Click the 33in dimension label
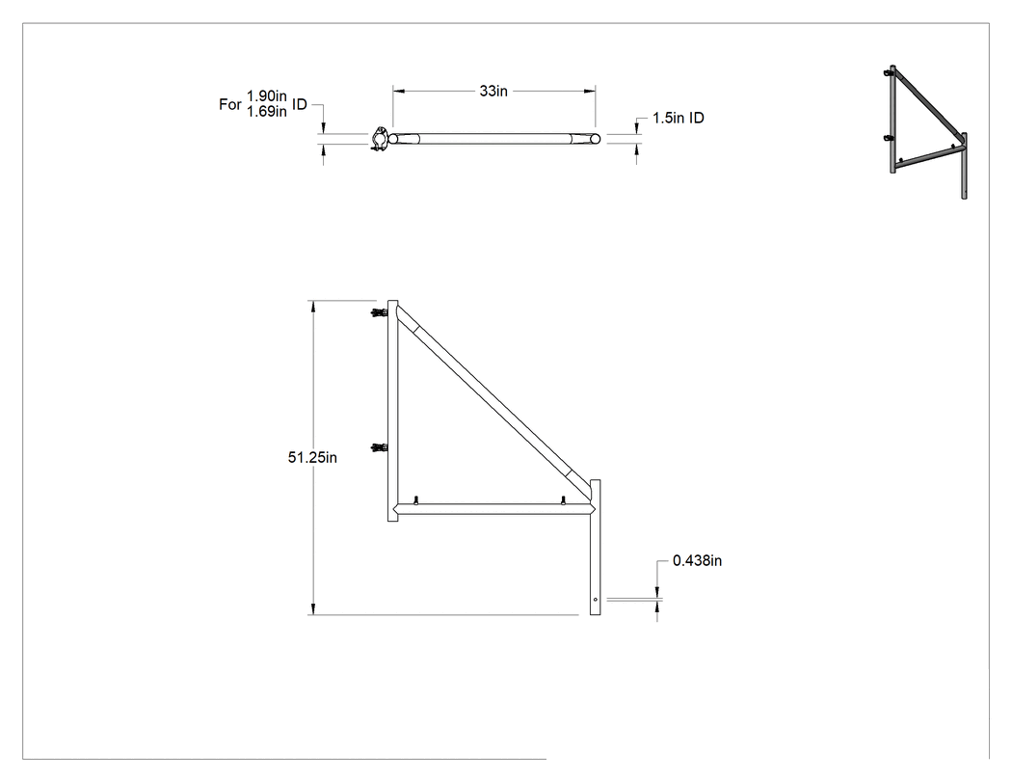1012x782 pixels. pos(493,91)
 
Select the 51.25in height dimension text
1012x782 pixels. pos(312,457)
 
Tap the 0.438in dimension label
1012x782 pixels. pos(697,560)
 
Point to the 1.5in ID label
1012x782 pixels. pos(678,118)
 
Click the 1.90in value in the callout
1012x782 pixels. pos(267,96)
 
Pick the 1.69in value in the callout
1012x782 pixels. pos(267,112)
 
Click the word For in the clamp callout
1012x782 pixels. pos(229,104)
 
